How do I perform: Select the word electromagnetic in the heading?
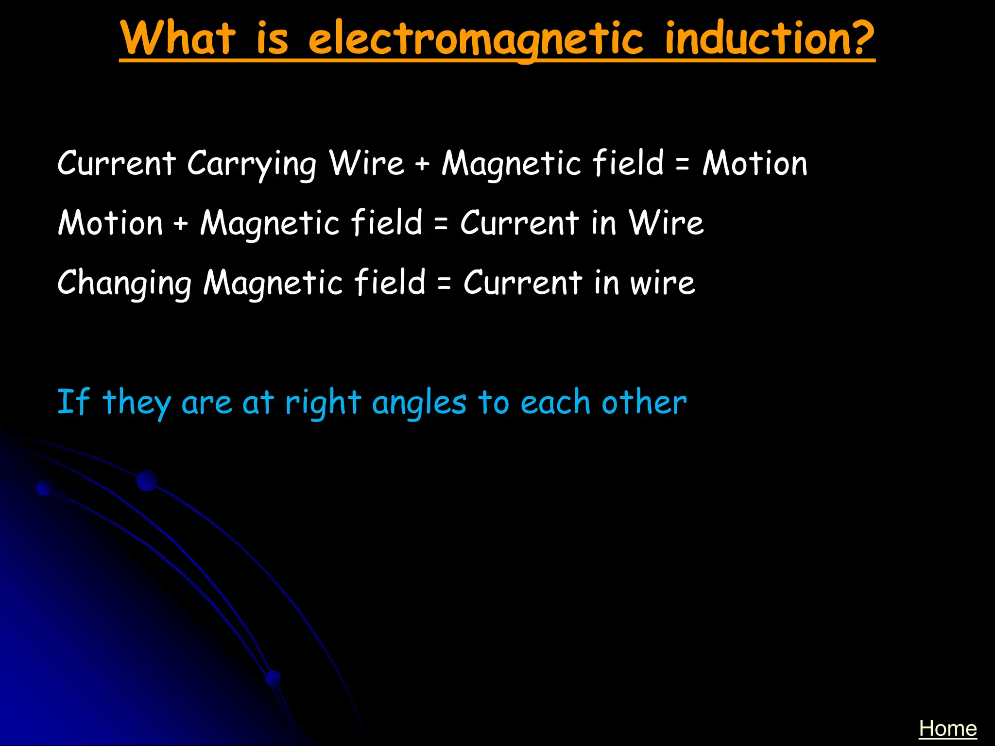(x=476, y=40)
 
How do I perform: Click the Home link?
(x=947, y=729)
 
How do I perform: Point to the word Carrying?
(x=252, y=164)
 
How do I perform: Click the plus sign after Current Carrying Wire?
(x=422, y=164)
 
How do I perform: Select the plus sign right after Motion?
(x=181, y=224)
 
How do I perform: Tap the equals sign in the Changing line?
(x=444, y=283)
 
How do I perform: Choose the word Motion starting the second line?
(x=110, y=223)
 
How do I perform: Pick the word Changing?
(x=125, y=284)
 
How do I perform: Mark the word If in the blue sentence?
(x=73, y=402)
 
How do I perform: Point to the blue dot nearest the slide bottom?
(x=274, y=678)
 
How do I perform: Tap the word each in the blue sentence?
(x=555, y=403)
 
